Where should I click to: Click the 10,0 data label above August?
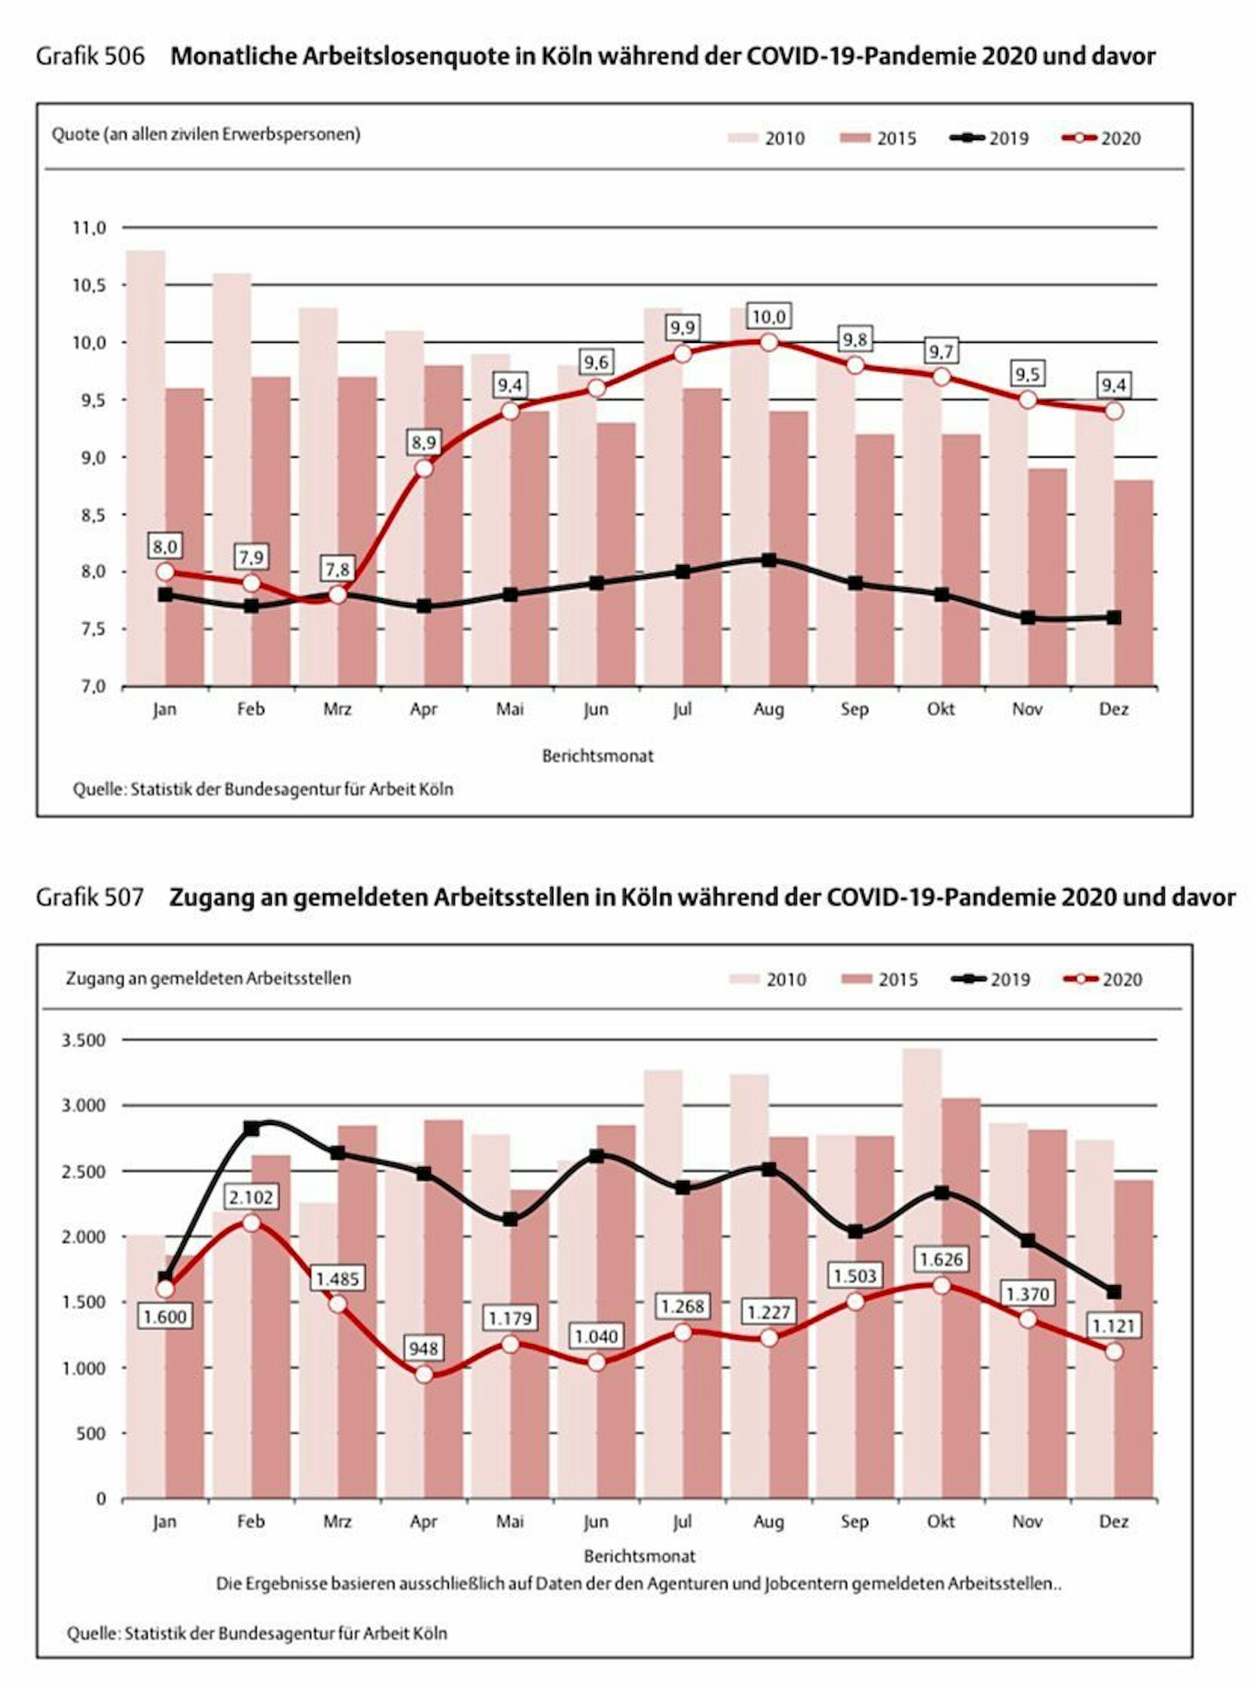click(x=769, y=317)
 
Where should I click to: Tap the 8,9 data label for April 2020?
click(x=424, y=442)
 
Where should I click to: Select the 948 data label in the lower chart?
click(x=424, y=1348)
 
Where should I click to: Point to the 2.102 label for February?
click(x=251, y=1197)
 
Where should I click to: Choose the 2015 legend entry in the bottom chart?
click(x=879, y=979)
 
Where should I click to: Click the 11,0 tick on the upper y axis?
click(x=90, y=228)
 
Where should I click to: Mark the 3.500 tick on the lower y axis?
click(x=83, y=1040)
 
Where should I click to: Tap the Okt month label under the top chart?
click(x=940, y=710)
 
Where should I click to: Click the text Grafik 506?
click(x=90, y=57)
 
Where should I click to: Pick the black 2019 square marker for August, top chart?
click(x=769, y=561)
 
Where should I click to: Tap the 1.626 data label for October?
click(x=940, y=1260)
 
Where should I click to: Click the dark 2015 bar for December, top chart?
click(x=1134, y=583)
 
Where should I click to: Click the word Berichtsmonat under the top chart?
click(x=597, y=756)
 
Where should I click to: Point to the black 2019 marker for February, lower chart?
click(x=251, y=1129)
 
